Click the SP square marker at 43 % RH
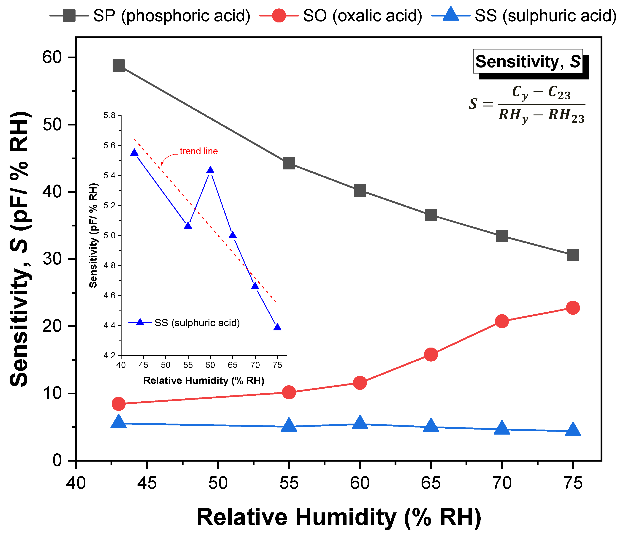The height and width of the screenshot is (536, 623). [x=119, y=65]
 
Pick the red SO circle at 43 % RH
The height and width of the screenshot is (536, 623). [x=119, y=404]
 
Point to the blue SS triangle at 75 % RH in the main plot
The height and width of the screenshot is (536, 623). [x=573, y=430]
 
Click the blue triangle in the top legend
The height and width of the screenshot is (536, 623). [x=450, y=14]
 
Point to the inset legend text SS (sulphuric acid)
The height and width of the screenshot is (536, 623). [x=197, y=323]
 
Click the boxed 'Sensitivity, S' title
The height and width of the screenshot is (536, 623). [x=528, y=62]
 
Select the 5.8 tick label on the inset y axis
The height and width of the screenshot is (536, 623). [x=109, y=115]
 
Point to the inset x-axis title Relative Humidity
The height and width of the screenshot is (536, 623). [x=203, y=381]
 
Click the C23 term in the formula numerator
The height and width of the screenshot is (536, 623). [x=559, y=92]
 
